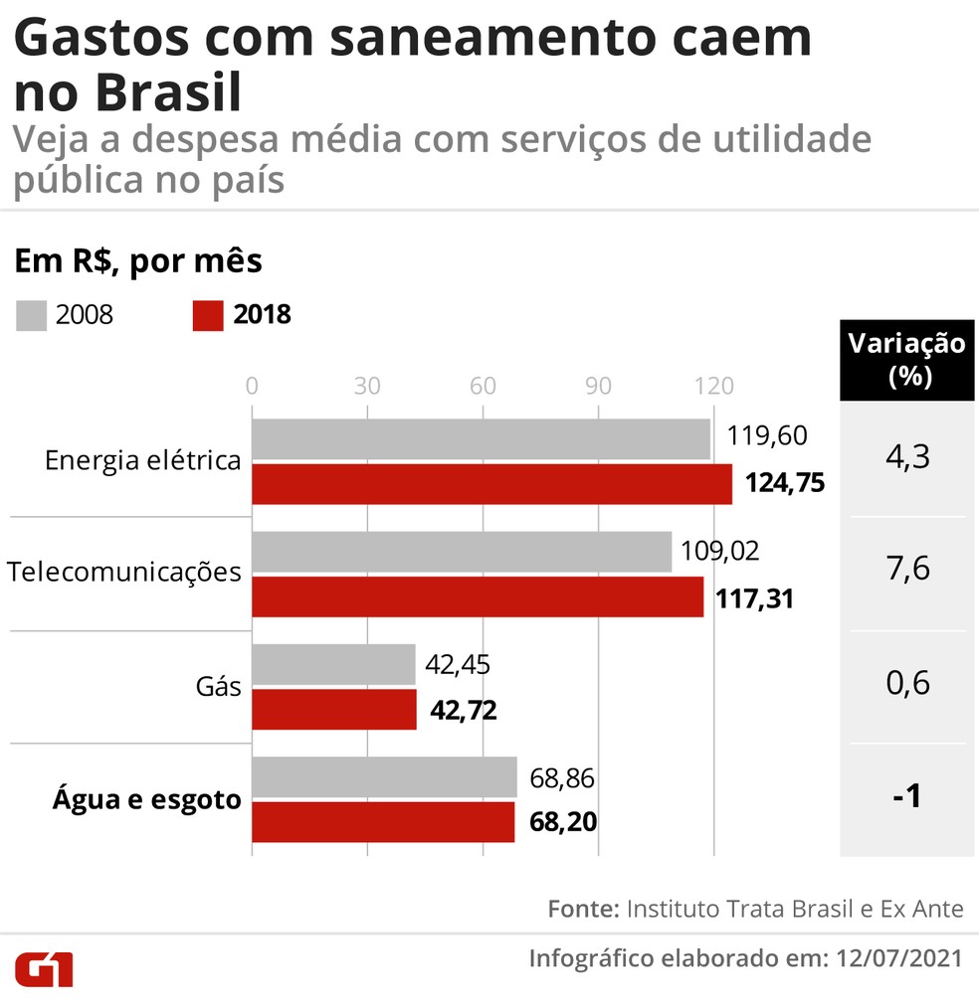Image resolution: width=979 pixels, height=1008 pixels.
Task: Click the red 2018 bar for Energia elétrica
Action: pos(491,484)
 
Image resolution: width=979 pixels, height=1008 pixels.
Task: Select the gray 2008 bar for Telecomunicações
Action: pos(461,551)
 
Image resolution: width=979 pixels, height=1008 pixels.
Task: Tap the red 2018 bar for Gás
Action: pos(333,710)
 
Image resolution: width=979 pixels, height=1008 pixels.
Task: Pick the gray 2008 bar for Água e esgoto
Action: pos(384,776)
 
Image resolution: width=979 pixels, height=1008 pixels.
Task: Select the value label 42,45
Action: pos(458,664)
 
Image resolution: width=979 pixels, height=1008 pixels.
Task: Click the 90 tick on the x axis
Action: pos(598,387)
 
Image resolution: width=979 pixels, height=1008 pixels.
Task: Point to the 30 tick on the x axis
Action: pos(367,387)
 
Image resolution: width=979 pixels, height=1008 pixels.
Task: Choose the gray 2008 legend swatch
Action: pos(30,316)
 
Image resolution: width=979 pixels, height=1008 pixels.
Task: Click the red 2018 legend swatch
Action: pos(207,316)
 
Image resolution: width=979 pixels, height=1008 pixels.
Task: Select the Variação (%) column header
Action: pos(906,360)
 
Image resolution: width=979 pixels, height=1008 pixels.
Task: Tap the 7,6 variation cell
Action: pos(906,572)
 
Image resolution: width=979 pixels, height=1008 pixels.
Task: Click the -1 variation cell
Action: pos(906,798)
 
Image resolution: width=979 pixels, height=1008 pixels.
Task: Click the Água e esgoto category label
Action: pos(146,799)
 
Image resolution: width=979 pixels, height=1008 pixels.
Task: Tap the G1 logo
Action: pos(43,969)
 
